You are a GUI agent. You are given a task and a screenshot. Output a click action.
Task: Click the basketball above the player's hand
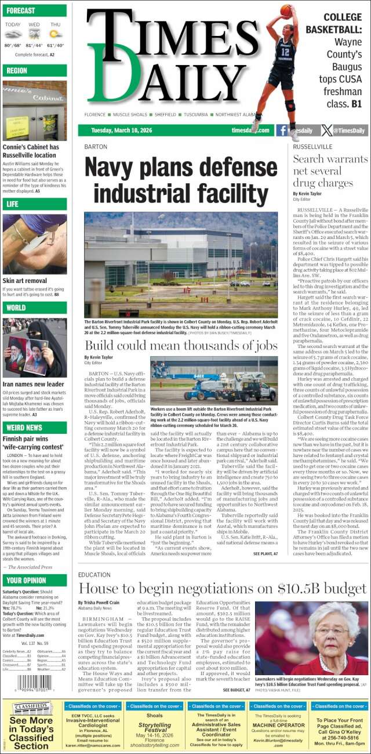(x=286, y=10)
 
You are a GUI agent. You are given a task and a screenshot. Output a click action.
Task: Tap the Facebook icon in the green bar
(x=282, y=130)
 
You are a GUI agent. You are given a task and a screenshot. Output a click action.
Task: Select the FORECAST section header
(x=21, y=10)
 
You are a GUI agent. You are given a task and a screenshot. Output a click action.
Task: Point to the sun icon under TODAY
(x=12, y=34)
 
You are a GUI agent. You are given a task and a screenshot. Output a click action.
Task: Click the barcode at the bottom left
(x=34, y=681)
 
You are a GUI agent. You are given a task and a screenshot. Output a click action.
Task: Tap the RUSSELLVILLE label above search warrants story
(x=312, y=147)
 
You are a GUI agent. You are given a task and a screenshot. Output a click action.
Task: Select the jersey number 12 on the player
(x=285, y=51)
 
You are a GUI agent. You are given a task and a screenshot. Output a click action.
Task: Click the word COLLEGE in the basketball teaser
(x=342, y=17)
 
